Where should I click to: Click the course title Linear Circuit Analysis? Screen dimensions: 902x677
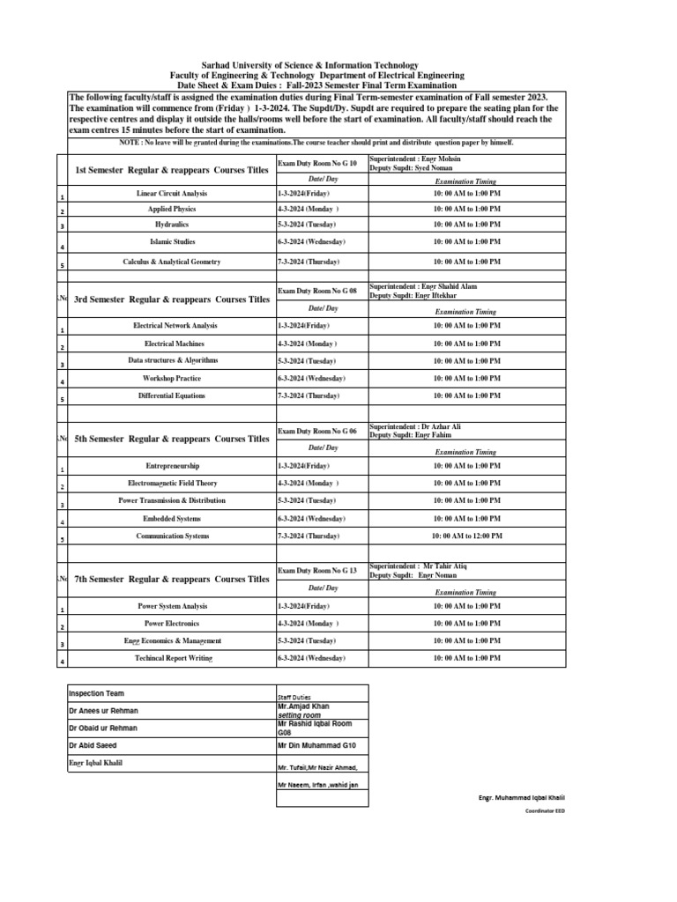click(x=172, y=192)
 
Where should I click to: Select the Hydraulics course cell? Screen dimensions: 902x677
click(x=172, y=225)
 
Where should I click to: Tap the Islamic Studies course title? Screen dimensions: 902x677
click(x=172, y=241)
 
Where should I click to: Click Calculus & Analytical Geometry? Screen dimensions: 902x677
click(x=172, y=262)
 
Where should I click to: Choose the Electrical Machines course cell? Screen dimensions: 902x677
click(x=172, y=343)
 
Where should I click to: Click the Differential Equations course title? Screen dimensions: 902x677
click(x=172, y=396)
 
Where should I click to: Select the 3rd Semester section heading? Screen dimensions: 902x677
click(x=172, y=299)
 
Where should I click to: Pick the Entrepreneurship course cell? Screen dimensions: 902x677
click(x=172, y=465)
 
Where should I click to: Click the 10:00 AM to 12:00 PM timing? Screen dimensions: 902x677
click(x=467, y=536)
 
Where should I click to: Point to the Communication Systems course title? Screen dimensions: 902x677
click(x=172, y=536)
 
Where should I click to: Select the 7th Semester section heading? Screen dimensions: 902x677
click(x=172, y=579)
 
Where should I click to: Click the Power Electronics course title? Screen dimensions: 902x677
click(x=172, y=624)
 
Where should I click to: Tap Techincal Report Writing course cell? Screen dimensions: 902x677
click(x=172, y=658)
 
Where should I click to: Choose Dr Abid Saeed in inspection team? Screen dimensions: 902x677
click(x=92, y=745)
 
